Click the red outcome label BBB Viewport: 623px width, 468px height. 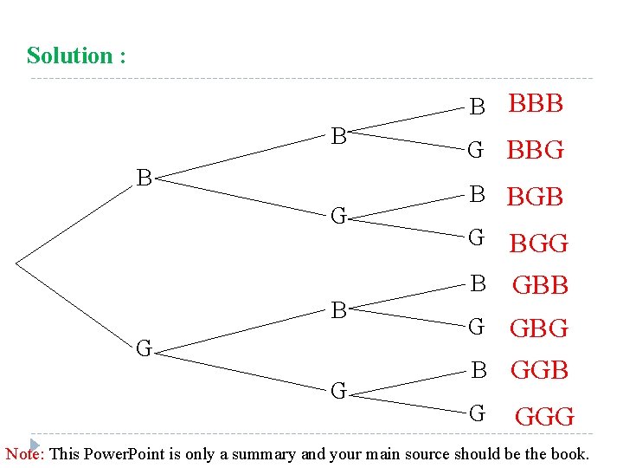click(x=536, y=104)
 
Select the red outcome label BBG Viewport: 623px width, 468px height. click(x=535, y=150)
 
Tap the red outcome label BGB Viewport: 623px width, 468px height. click(x=535, y=198)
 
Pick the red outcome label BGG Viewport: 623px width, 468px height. click(x=538, y=244)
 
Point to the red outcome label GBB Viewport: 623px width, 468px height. click(x=540, y=284)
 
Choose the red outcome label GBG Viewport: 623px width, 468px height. click(x=539, y=328)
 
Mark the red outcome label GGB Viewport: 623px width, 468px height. click(x=539, y=371)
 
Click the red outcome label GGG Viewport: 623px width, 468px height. click(x=544, y=417)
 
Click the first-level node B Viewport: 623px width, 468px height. click(x=145, y=179)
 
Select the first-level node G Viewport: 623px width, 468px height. click(x=145, y=349)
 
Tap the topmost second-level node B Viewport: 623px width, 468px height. click(x=339, y=136)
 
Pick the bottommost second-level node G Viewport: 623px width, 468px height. click(x=339, y=391)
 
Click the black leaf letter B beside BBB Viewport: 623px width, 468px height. click(x=477, y=107)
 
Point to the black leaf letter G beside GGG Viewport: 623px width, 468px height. click(x=477, y=413)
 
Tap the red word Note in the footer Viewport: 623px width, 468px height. click(x=26, y=454)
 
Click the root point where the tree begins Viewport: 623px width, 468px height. click(x=16, y=260)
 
